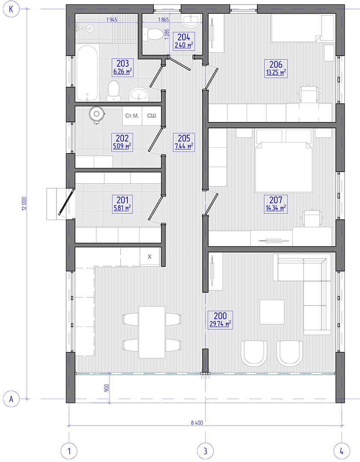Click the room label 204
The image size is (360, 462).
pos(184,37)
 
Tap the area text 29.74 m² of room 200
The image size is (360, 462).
pos(220,324)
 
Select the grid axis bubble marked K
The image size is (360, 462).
pos(11,9)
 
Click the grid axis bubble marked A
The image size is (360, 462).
pos(11,399)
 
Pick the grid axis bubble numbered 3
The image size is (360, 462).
pos(205,451)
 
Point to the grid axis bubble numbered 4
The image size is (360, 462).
pos(342,451)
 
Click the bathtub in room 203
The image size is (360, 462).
pos(87,73)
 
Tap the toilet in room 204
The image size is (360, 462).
pos(152,34)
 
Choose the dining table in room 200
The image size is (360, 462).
pos(152,332)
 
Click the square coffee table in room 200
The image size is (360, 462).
pos(272,312)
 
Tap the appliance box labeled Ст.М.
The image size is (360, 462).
pos(132,116)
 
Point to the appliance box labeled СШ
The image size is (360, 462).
pos(151,116)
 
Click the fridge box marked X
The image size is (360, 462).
pos(150,257)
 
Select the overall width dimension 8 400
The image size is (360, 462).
pos(197,423)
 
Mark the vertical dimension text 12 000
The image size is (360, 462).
pos(24,204)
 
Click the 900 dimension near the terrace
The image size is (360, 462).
pos(106,388)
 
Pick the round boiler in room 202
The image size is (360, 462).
pos(96,114)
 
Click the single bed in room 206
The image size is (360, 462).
pos(303,28)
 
